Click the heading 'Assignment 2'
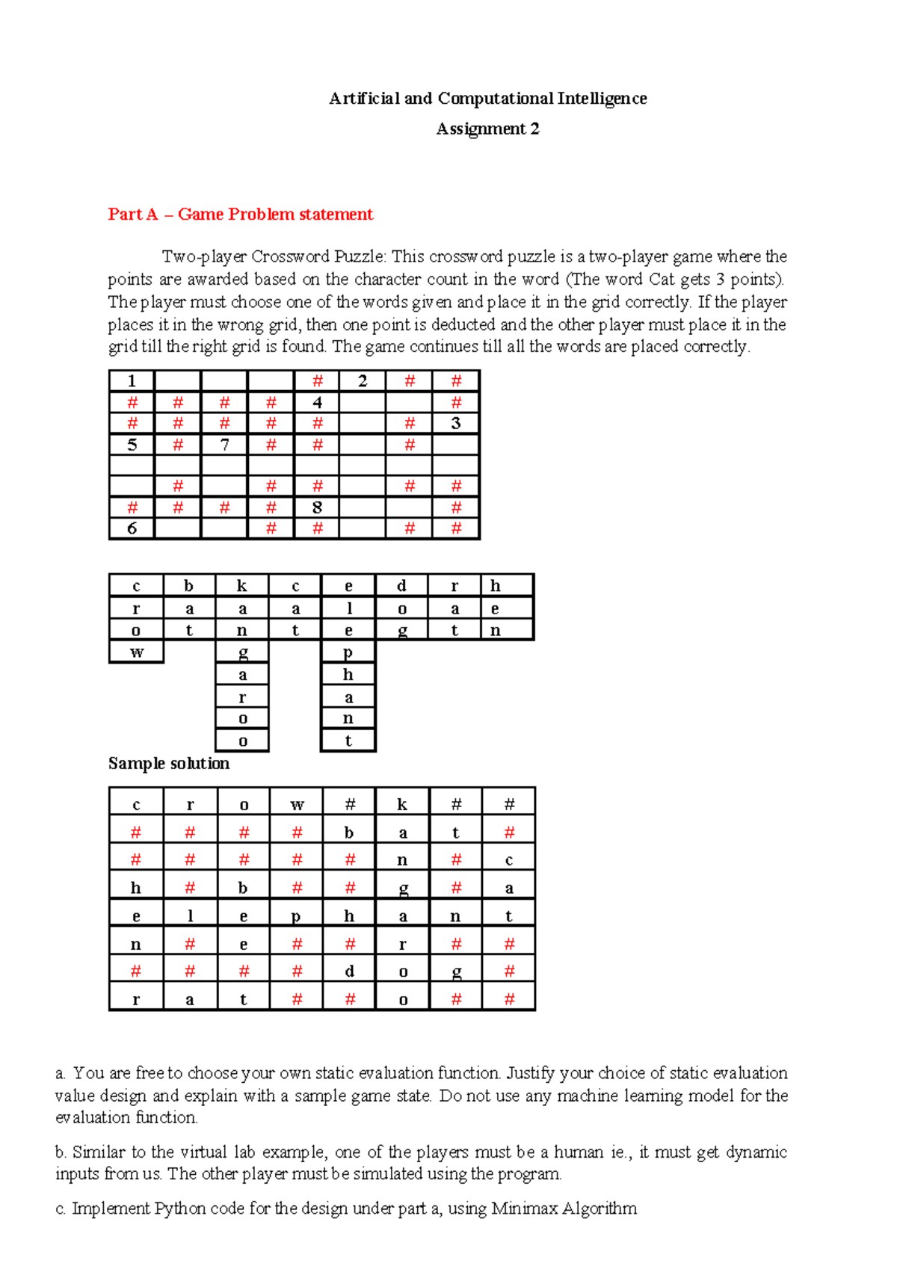[x=487, y=129]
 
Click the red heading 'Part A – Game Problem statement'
[x=240, y=214]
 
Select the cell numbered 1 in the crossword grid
[x=132, y=381]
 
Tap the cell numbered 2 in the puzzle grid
[x=363, y=381]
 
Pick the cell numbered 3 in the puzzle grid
[x=456, y=424]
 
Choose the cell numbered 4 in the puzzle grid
[x=317, y=403]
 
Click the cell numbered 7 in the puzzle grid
[x=224, y=445]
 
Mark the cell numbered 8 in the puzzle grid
[x=317, y=508]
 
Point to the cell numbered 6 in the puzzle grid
[x=132, y=529]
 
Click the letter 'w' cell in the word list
[x=136, y=652]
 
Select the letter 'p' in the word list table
[x=348, y=652]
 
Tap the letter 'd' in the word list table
[x=401, y=586]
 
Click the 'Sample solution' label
[x=169, y=763]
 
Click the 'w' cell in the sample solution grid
[x=297, y=804]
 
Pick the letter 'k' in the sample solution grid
[x=402, y=804]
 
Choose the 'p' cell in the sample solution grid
[x=297, y=916]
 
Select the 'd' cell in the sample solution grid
[x=349, y=972]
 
